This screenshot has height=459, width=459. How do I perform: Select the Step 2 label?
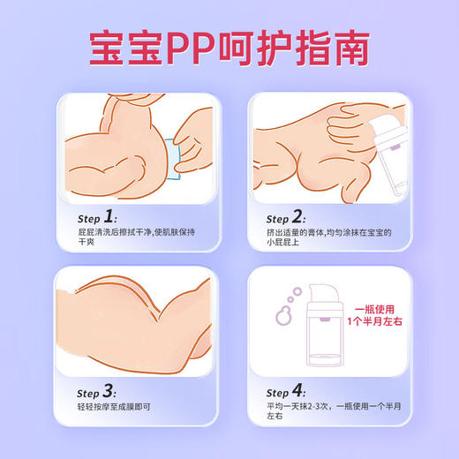(x=290, y=218)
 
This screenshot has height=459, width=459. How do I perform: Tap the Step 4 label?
(x=290, y=391)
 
